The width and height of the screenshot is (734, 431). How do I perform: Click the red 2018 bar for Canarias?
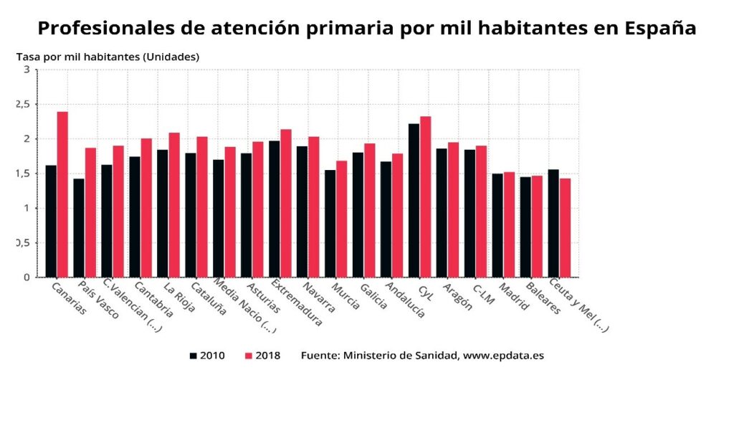(x=62, y=194)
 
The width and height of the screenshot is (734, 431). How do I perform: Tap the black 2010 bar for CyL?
(x=414, y=200)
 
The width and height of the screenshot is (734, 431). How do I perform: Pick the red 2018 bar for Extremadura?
(x=286, y=203)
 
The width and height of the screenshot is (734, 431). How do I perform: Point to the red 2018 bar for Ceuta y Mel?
(x=565, y=227)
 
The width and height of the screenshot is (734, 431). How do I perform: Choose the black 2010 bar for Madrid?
(x=497, y=225)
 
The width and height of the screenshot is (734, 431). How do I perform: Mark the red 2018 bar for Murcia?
(x=342, y=219)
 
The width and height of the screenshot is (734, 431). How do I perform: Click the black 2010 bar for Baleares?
(x=525, y=227)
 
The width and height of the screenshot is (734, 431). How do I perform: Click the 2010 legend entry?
(x=207, y=356)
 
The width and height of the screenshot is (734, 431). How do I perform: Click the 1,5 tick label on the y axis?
(x=22, y=174)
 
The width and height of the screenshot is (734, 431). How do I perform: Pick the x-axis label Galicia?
(x=373, y=295)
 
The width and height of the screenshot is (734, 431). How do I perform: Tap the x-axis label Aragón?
(x=458, y=295)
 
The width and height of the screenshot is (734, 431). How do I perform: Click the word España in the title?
(x=659, y=28)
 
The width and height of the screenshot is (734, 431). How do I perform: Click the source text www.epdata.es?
(x=503, y=356)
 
